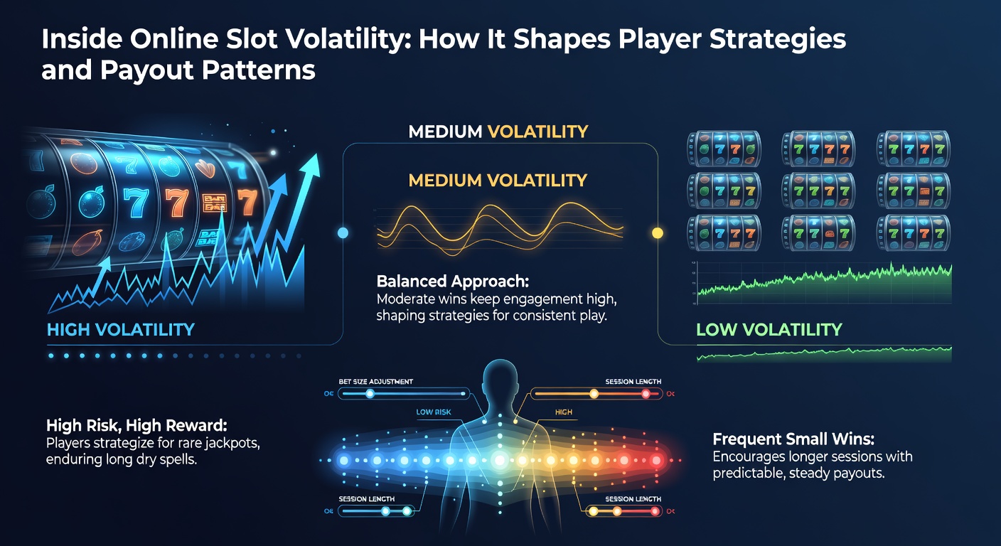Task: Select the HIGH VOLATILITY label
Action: point(120,329)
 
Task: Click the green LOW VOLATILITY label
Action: point(769,329)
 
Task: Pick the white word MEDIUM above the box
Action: point(444,132)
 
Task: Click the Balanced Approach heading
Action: point(439,281)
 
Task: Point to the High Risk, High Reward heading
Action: point(136,426)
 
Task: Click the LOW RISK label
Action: point(434,412)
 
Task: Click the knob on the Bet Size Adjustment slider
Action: point(369,393)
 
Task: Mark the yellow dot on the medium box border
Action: point(657,232)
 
